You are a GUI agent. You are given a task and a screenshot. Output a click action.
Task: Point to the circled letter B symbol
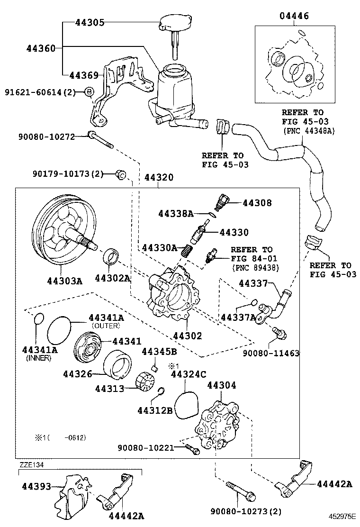[89, 92]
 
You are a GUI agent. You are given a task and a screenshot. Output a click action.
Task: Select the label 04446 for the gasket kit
[293, 16]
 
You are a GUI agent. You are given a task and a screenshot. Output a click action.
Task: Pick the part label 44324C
[188, 374]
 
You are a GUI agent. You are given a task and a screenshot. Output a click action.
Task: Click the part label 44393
[36, 486]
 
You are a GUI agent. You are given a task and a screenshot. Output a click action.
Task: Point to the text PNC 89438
[255, 268]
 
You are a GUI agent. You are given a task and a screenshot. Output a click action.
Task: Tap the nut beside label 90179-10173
[120, 175]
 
